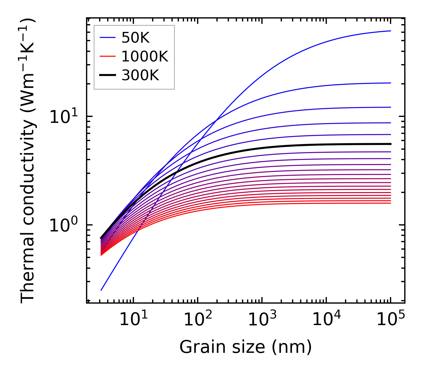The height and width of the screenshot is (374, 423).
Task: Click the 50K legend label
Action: (x=135, y=38)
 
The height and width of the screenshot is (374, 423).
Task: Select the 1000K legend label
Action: (x=145, y=57)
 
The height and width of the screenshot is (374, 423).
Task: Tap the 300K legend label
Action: (x=140, y=76)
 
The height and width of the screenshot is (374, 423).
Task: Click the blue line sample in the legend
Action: (x=107, y=38)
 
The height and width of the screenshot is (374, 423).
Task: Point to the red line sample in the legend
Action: (x=107, y=56)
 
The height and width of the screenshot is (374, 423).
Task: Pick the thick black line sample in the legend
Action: (x=107, y=75)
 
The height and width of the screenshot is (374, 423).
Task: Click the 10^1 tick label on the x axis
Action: (x=133, y=320)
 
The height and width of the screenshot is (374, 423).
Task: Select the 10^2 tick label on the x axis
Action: (x=197, y=320)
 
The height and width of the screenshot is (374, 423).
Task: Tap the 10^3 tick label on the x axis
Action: (x=262, y=320)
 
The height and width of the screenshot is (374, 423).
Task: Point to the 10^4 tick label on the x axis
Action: (x=326, y=320)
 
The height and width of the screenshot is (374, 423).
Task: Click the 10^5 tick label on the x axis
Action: (x=391, y=320)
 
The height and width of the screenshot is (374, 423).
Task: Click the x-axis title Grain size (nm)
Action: (x=246, y=347)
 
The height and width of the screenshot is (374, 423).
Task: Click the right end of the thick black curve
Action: (x=390, y=144)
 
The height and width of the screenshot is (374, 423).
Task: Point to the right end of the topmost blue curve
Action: (x=390, y=31)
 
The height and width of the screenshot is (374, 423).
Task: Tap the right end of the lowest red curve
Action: (x=390, y=203)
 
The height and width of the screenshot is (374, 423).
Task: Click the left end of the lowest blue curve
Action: (x=102, y=290)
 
